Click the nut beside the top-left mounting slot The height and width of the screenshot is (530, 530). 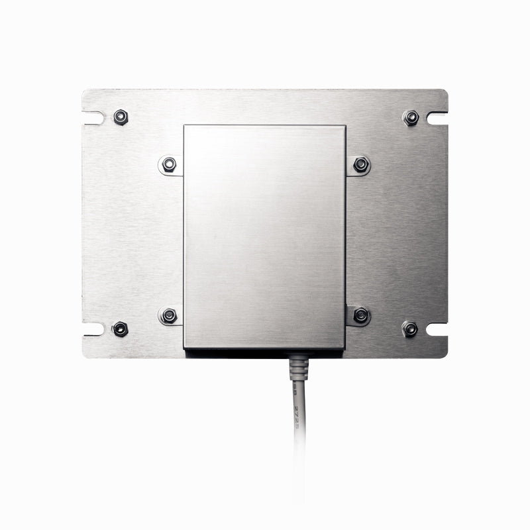(x=120, y=117)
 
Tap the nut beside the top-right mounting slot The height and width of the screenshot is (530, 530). (x=410, y=118)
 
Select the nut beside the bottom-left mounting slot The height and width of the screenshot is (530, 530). (x=120, y=329)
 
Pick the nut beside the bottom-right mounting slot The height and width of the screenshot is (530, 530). (x=409, y=329)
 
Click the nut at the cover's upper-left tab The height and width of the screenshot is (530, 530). (x=169, y=164)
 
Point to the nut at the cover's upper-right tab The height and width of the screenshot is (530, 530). (x=360, y=164)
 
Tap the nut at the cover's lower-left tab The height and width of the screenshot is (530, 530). (x=169, y=315)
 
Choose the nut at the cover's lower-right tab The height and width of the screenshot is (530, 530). (x=360, y=315)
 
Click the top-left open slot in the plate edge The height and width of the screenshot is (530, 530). (x=93, y=118)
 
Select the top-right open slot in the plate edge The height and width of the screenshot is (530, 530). (x=437, y=118)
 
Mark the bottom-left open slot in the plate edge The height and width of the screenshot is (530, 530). (x=93, y=329)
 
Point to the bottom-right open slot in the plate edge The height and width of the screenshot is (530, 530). (x=437, y=329)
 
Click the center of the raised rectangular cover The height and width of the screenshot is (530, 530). (x=264, y=237)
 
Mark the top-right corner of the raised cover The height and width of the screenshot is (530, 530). (x=344, y=126)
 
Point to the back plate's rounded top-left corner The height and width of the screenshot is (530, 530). (x=84, y=92)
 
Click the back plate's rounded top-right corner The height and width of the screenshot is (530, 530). (x=445, y=92)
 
